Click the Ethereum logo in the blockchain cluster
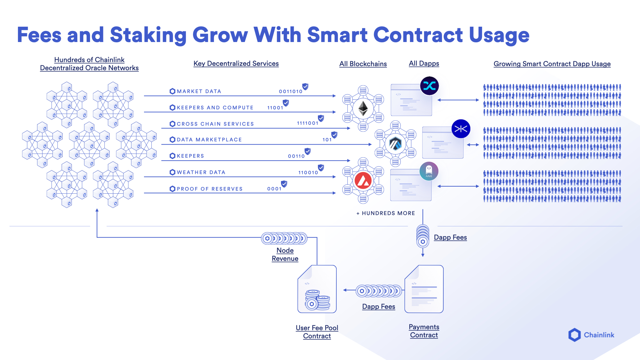tap(363, 108)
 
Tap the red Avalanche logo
tap(363, 181)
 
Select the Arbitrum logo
tap(395, 144)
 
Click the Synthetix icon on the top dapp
tap(429, 86)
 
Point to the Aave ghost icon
tap(429, 171)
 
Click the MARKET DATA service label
tap(199, 91)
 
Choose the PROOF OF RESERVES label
tap(210, 189)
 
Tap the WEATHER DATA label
tap(201, 172)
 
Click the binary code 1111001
tap(308, 123)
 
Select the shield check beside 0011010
tap(305, 87)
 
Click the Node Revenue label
tap(285, 254)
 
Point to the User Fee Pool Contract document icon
tap(317, 289)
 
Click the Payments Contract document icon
tap(424, 289)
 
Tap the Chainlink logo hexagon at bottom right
tap(574, 335)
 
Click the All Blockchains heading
tap(363, 64)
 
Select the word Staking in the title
tap(148, 35)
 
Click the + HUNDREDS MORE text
tap(386, 213)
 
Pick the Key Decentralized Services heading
tap(236, 63)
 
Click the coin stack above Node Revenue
tap(284, 238)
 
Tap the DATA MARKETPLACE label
tap(209, 140)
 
